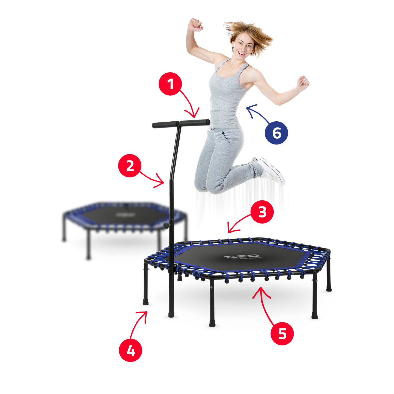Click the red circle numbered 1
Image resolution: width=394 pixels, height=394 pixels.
[x=170, y=84]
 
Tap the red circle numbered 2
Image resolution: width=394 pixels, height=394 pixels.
[x=130, y=166]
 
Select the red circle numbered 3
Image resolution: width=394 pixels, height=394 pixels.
[x=262, y=212]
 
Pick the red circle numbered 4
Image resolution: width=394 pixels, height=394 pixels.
[x=131, y=350]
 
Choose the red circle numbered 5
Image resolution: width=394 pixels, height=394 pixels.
[x=282, y=334]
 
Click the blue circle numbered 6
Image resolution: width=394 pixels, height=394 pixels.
[x=276, y=133]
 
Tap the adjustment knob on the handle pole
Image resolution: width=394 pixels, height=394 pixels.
[x=166, y=225]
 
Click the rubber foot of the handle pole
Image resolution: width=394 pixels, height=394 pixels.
[x=171, y=314]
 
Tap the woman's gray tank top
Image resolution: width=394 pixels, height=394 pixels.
[x=226, y=97]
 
